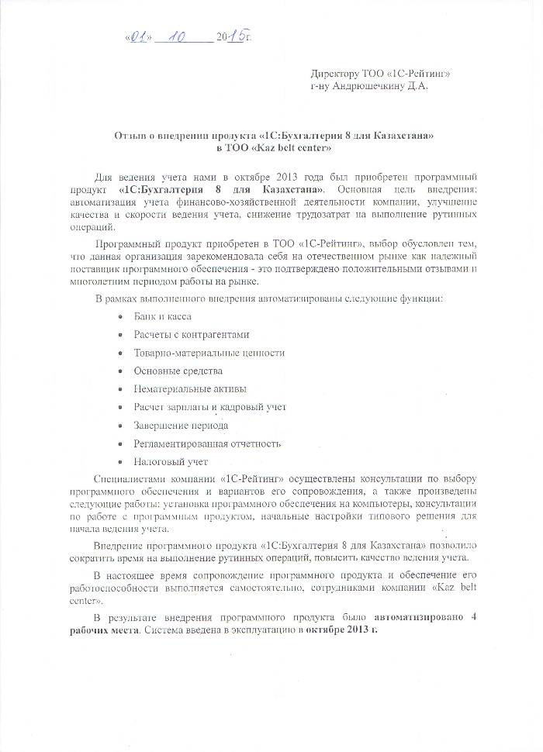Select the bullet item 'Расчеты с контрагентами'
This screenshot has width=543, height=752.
pos(192,334)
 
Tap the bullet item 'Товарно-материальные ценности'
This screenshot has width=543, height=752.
pos(209,353)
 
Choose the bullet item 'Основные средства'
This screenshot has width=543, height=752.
pos(178,371)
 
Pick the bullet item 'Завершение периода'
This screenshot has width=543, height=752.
pos(181,426)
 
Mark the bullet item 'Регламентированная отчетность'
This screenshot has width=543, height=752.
pos(206,443)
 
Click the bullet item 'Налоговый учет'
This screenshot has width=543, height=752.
pos(170,462)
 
